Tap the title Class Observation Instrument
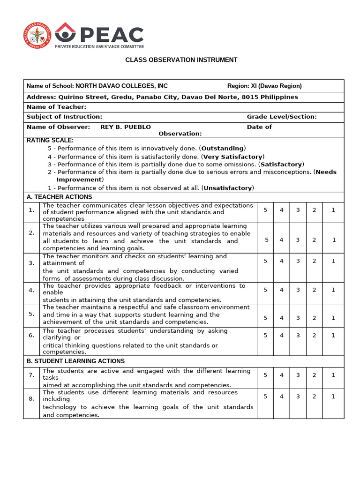click(x=181, y=60)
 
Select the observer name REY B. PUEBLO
click(x=126, y=127)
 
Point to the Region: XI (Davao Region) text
click(x=264, y=86)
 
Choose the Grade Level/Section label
click(x=282, y=117)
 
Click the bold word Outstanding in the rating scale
click(x=223, y=148)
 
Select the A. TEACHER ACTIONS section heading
click(x=59, y=197)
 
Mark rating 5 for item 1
click(x=265, y=210)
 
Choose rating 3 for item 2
click(x=298, y=240)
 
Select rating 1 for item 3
click(x=333, y=261)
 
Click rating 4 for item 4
click(x=282, y=290)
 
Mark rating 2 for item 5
click(x=315, y=318)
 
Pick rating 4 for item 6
click(x=282, y=336)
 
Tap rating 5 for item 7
click(x=265, y=375)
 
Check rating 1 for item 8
click(x=333, y=397)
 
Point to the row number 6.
click(x=31, y=335)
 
